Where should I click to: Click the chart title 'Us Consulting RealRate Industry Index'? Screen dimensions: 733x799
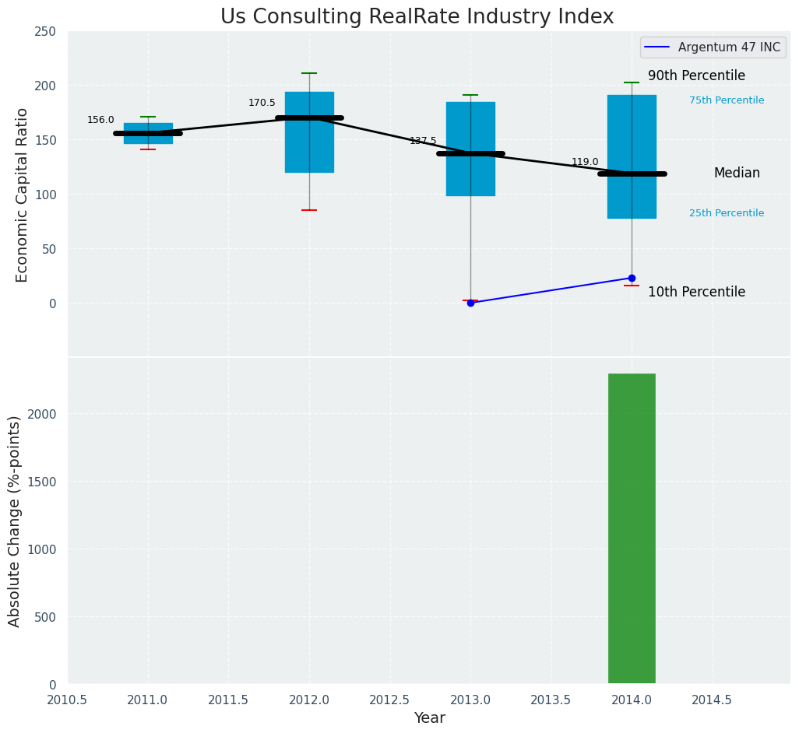pyautogui.click(x=417, y=17)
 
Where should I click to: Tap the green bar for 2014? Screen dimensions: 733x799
pyautogui.click(x=632, y=528)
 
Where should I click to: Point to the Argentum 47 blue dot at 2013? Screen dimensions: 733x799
pyautogui.click(x=470, y=303)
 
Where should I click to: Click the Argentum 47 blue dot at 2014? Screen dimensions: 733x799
pyautogui.click(x=632, y=278)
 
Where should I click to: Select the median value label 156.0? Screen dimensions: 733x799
pyautogui.click(x=100, y=120)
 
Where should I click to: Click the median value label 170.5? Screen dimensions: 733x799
pyautogui.click(x=262, y=103)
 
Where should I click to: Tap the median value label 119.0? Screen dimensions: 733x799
pyautogui.click(x=585, y=162)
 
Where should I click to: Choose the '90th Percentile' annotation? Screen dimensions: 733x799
pyautogui.click(x=696, y=76)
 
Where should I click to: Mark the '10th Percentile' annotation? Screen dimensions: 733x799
pyautogui.click(x=696, y=293)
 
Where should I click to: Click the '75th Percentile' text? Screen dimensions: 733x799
pyautogui.click(x=727, y=100)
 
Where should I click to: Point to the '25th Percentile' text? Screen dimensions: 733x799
pyautogui.click(x=727, y=213)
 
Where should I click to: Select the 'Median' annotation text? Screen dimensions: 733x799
pyautogui.click(x=737, y=174)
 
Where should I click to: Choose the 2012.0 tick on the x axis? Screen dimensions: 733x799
pyautogui.click(x=309, y=700)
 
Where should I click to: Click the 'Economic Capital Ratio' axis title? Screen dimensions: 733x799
pyautogui.click(x=22, y=195)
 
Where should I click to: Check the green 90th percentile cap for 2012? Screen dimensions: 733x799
pyautogui.click(x=309, y=73)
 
